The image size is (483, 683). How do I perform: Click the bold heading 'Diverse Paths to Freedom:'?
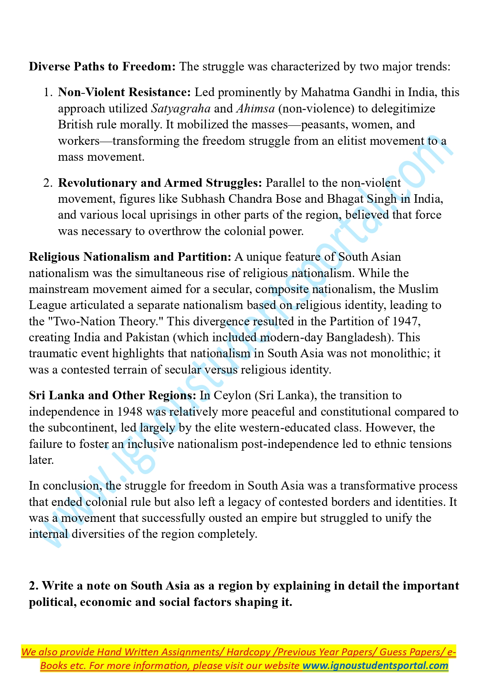[x=102, y=67]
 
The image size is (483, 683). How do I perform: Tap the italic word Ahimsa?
[x=255, y=109]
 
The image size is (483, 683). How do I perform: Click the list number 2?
[x=48, y=183]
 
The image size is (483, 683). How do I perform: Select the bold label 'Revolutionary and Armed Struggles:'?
[x=160, y=183]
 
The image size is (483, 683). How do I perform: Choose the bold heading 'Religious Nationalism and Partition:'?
[x=130, y=257]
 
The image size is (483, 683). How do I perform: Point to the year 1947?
[x=405, y=321]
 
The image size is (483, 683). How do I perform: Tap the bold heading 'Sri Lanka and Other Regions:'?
[x=112, y=395]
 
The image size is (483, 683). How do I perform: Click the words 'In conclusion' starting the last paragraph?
[x=65, y=486]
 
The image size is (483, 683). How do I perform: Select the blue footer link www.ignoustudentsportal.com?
[x=375, y=665]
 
